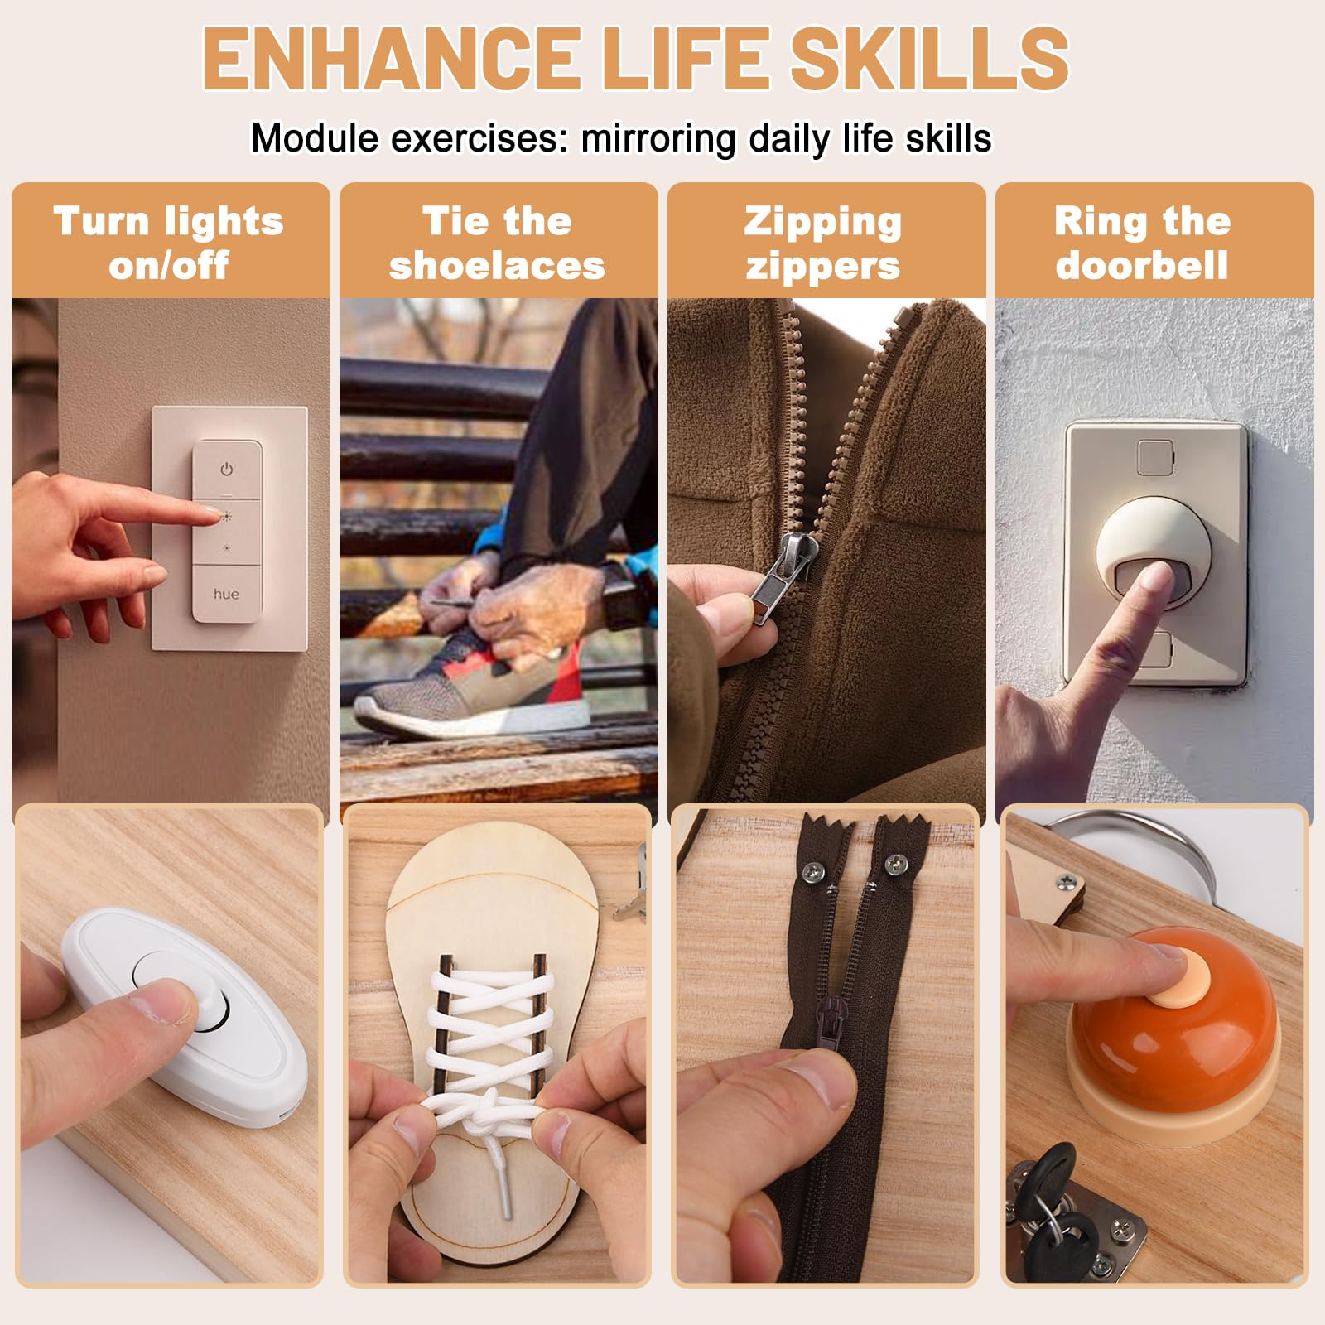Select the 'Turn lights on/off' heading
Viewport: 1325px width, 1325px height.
(169, 243)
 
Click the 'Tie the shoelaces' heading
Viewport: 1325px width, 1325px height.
(497, 243)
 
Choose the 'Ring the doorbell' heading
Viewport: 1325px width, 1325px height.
(1142, 243)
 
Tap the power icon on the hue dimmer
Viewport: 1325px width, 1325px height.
(226, 470)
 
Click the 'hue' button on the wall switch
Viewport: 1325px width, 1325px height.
(226, 594)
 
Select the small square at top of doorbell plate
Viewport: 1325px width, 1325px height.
(1155, 458)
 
